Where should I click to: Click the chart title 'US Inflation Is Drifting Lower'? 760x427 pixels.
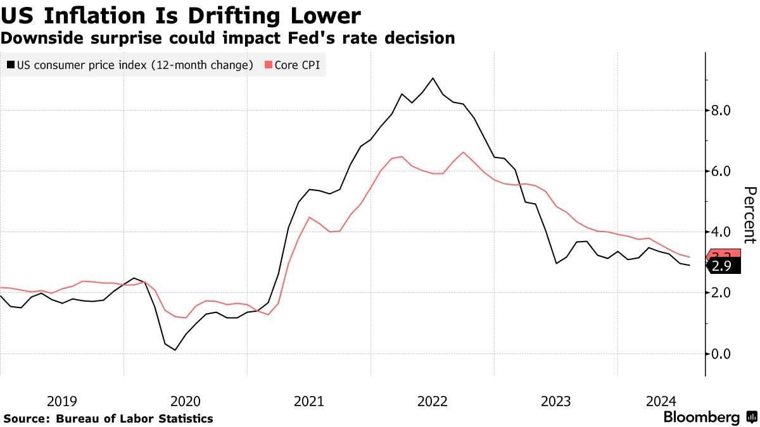coord(181,15)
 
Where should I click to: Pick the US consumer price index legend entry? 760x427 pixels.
coord(130,65)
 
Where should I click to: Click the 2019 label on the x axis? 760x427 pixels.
coord(62,400)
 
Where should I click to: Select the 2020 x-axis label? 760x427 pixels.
coord(186,400)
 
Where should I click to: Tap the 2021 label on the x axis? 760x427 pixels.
coord(310,400)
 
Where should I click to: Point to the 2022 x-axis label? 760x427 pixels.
coord(433,400)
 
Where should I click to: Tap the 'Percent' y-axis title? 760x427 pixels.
coord(749,215)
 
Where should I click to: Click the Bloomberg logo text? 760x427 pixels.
coord(701,418)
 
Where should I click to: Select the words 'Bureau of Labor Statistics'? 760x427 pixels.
coord(134,419)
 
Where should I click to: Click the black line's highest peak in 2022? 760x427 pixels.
coord(433,78)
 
